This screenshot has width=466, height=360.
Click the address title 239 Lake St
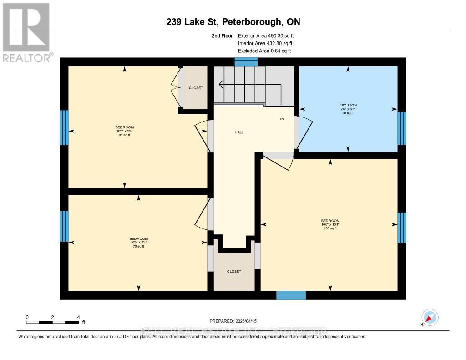click(233, 22)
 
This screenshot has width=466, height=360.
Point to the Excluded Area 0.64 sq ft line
click(264, 51)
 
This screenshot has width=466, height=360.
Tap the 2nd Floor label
click(222, 35)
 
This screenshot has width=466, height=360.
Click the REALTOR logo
click(26, 32)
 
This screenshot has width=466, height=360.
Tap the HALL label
click(239, 132)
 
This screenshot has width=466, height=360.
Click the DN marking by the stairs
click(281, 119)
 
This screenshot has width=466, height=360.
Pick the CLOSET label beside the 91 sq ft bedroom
click(196, 88)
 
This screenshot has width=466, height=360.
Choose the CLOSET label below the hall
click(234, 271)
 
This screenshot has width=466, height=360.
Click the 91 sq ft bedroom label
click(125, 131)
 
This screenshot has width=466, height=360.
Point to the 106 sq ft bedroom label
click(330, 224)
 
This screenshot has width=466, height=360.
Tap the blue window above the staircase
click(246, 62)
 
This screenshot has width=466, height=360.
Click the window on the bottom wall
click(291, 295)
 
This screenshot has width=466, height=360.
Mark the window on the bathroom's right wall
click(401, 128)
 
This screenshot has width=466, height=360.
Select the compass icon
click(430, 317)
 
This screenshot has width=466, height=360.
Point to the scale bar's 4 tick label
click(79, 317)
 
